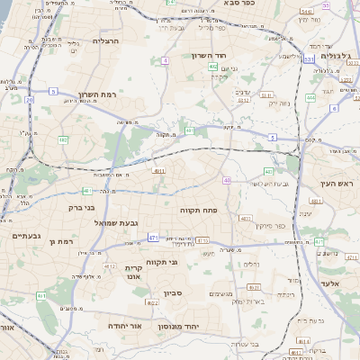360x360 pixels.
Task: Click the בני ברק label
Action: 82,207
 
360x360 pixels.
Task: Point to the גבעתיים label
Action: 23,236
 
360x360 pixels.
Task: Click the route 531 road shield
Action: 309,60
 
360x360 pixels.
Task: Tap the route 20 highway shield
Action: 30,100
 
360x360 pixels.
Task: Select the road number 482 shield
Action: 63,140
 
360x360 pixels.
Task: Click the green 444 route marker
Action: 311,96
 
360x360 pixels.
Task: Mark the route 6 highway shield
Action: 336,107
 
